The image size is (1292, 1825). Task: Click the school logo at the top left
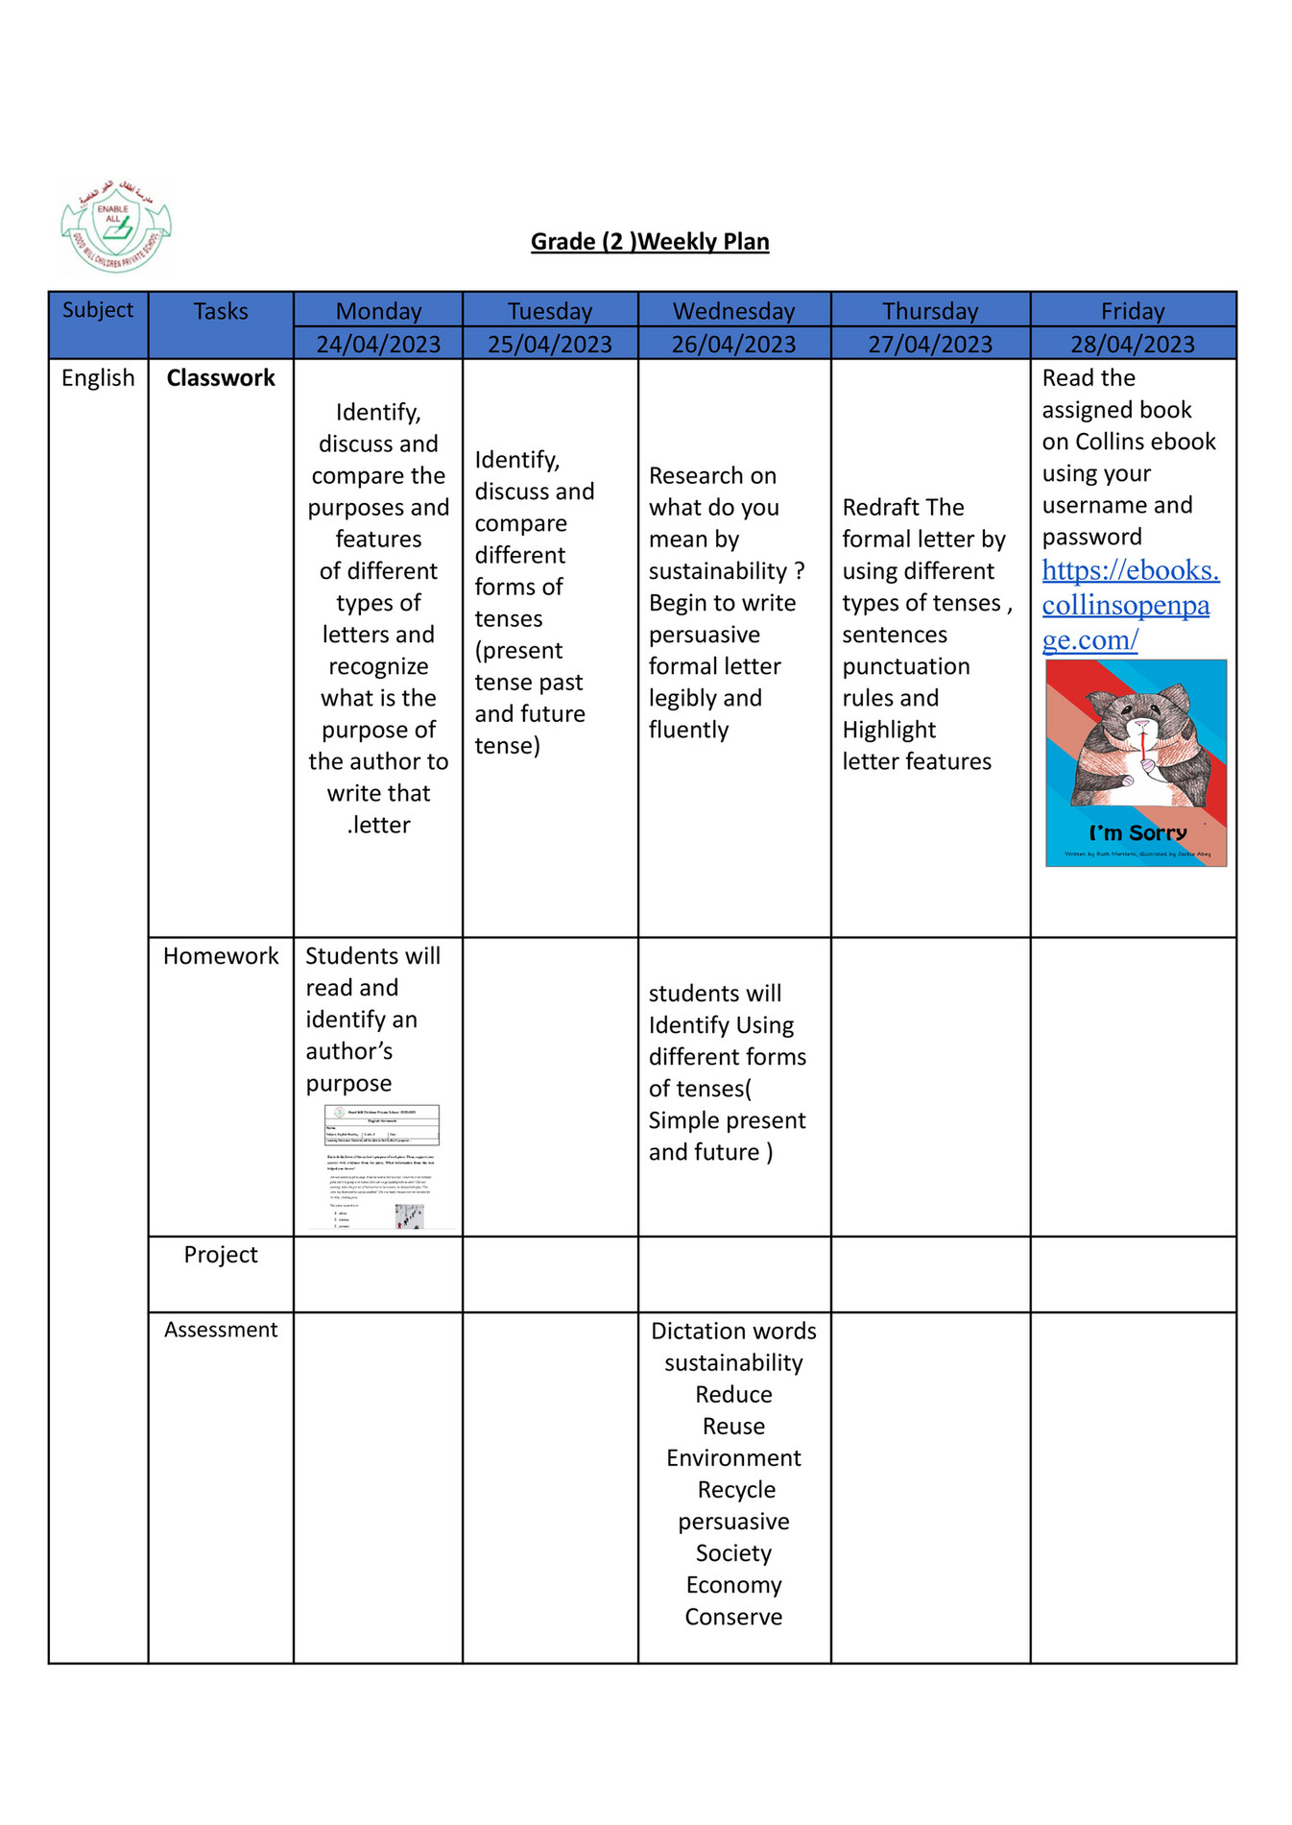(116, 228)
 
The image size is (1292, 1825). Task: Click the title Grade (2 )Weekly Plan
(650, 241)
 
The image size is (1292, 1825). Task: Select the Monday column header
(378, 311)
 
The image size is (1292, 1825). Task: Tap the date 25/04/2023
(549, 344)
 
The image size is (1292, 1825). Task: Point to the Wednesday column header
(733, 311)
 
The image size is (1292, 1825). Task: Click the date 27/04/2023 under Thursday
(929, 344)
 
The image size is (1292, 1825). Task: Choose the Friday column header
(1132, 311)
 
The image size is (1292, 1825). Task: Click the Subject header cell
(98, 310)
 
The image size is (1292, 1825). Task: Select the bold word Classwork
(221, 377)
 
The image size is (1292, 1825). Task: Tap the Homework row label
(221, 955)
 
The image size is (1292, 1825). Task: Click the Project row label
(221, 1254)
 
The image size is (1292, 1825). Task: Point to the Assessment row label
(221, 1329)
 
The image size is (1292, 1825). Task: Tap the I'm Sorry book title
(1137, 832)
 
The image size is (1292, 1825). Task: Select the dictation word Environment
(733, 1457)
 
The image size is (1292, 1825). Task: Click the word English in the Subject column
(98, 377)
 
